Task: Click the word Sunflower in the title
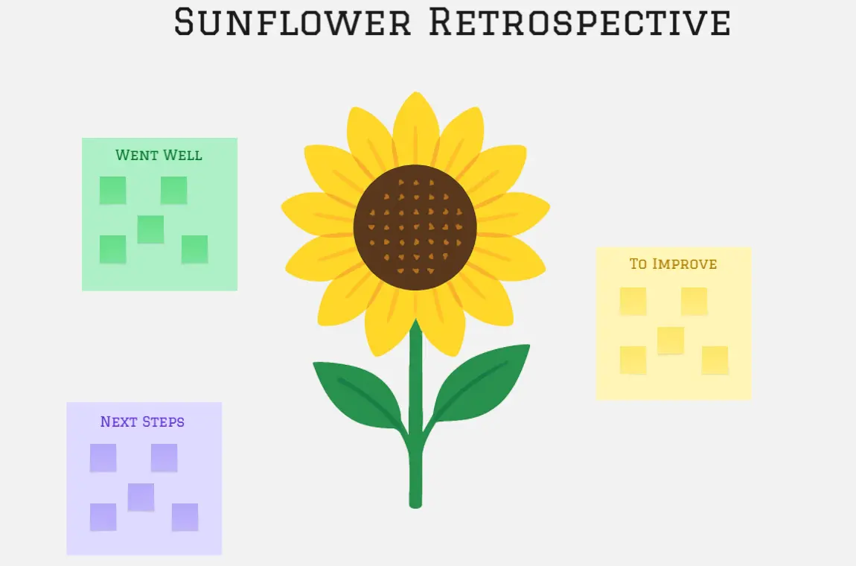click(x=293, y=22)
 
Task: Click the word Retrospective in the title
click(x=580, y=22)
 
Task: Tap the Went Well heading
click(x=159, y=155)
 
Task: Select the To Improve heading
click(x=673, y=264)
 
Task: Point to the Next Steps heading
click(x=142, y=422)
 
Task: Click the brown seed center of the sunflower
click(x=415, y=226)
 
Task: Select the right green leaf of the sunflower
click(x=480, y=383)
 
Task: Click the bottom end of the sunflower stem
click(x=415, y=505)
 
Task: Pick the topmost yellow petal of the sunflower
click(x=415, y=128)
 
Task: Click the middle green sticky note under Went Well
click(x=150, y=229)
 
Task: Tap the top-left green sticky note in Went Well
click(x=113, y=190)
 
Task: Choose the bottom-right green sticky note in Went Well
click(x=195, y=249)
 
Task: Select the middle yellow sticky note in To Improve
click(x=671, y=341)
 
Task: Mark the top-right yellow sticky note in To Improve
click(x=694, y=302)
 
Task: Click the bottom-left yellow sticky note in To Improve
click(x=633, y=360)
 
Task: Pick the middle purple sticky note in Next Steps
click(x=141, y=497)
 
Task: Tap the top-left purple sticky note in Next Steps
click(x=103, y=458)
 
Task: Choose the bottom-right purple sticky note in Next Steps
click(x=185, y=517)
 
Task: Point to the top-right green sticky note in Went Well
click(x=174, y=190)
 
